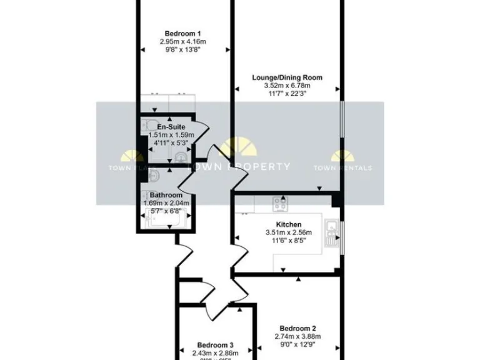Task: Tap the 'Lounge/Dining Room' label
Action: pyautogui.click(x=287, y=77)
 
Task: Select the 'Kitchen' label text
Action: pyautogui.click(x=289, y=224)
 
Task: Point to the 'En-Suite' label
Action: pyautogui.click(x=171, y=127)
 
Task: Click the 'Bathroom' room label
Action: pyautogui.click(x=166, y=195)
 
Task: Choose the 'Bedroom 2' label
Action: pyautogui.click(x=297, y=328)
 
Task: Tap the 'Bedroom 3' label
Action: pyautogui.click(x=215, y=345)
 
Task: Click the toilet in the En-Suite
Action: pyautogui.click(x=147, y=124)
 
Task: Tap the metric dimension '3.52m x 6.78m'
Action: pyautogui.click(x=287, y=86)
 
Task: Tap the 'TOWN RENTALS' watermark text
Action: pyautogui.click(x=343, y=167)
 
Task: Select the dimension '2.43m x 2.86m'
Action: pyautogui.click(x=215, y=353)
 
